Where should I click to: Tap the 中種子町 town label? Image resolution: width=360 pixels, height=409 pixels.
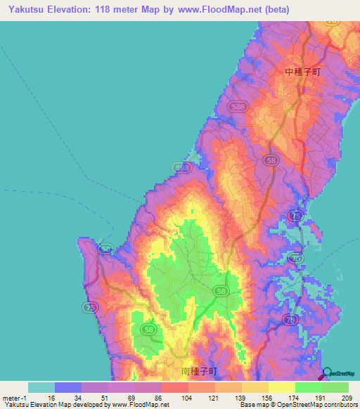click(x=302, y=72)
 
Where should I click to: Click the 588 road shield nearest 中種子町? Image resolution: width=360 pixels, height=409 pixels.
click(x=237, y=106)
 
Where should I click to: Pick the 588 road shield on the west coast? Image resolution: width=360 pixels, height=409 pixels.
click(x=181, y=168)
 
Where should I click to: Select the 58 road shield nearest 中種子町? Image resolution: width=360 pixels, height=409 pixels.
click(x=271, y=161)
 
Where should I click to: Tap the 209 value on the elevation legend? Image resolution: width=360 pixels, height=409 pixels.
click(x=346, y=398)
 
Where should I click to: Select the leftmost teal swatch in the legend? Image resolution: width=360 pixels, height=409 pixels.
click(x=41, y=387)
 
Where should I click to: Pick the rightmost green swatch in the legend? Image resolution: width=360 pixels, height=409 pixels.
click(x=335, y=387)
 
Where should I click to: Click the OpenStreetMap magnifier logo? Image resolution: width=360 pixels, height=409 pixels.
click(x=328, y=375)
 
